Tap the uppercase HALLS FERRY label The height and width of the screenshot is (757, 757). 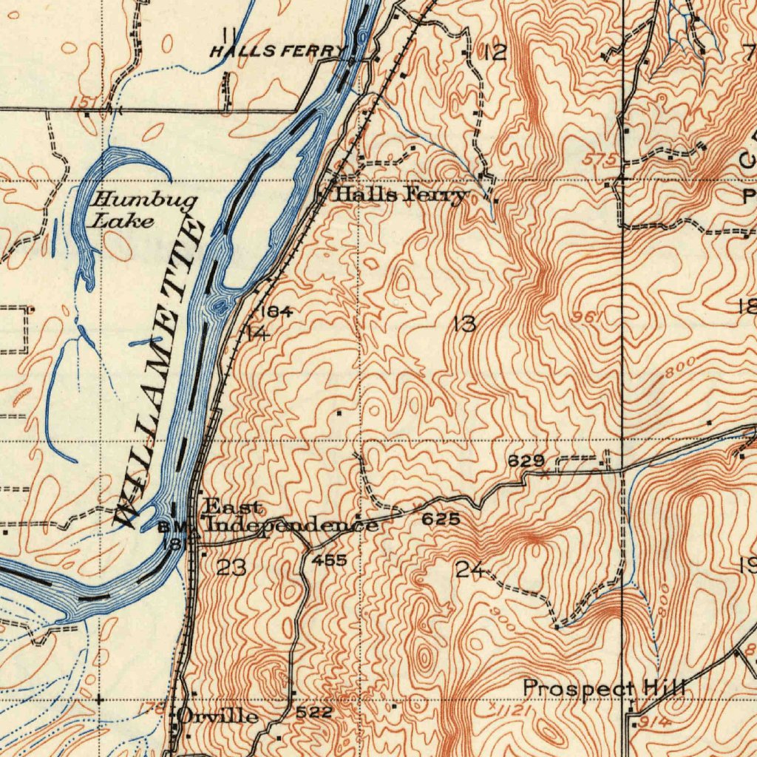click(278, 51)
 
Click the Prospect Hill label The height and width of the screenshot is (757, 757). click(605, 688)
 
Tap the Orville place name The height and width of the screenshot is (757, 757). click(218, 716)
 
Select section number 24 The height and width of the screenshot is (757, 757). click(470, 569)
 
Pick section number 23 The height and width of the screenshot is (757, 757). click(231, 568)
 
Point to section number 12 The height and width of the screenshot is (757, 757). click(495, 52)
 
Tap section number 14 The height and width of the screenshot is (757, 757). click(257, 333)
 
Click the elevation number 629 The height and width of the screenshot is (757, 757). click(526, 461)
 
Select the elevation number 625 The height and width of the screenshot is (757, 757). click(441, 520)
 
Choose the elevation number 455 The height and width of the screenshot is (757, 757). click(329, 560)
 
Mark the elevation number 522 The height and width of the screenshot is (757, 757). click(314, 713)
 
